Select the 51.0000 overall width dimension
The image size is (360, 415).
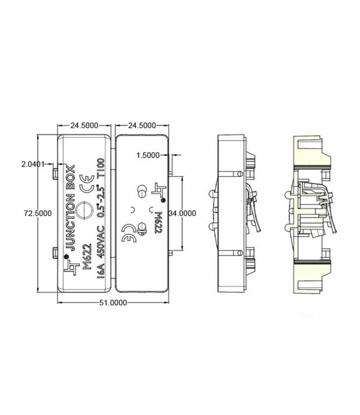coord(112,302)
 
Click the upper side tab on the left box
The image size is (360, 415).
coord(56,173)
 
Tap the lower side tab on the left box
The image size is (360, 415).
coord(56,253)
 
